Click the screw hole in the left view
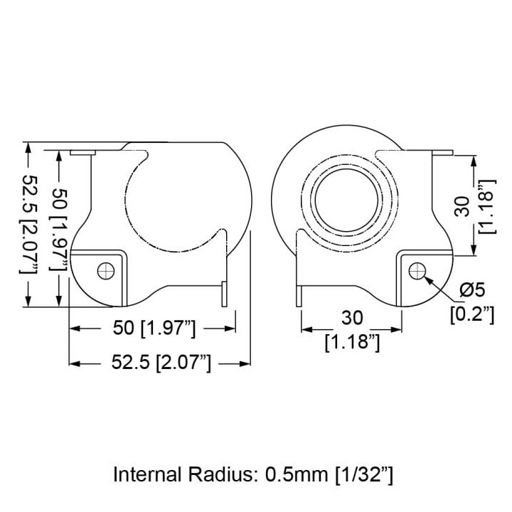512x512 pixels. pos(106,271)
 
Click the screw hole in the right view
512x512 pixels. pos(417,271)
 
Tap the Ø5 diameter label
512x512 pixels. pos(472,289)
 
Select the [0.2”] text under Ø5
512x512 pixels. pos(472,314)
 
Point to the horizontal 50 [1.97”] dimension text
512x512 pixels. pos(154,328)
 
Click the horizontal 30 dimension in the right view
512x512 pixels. pos(352,318)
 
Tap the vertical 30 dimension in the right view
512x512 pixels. pos(462,206)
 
